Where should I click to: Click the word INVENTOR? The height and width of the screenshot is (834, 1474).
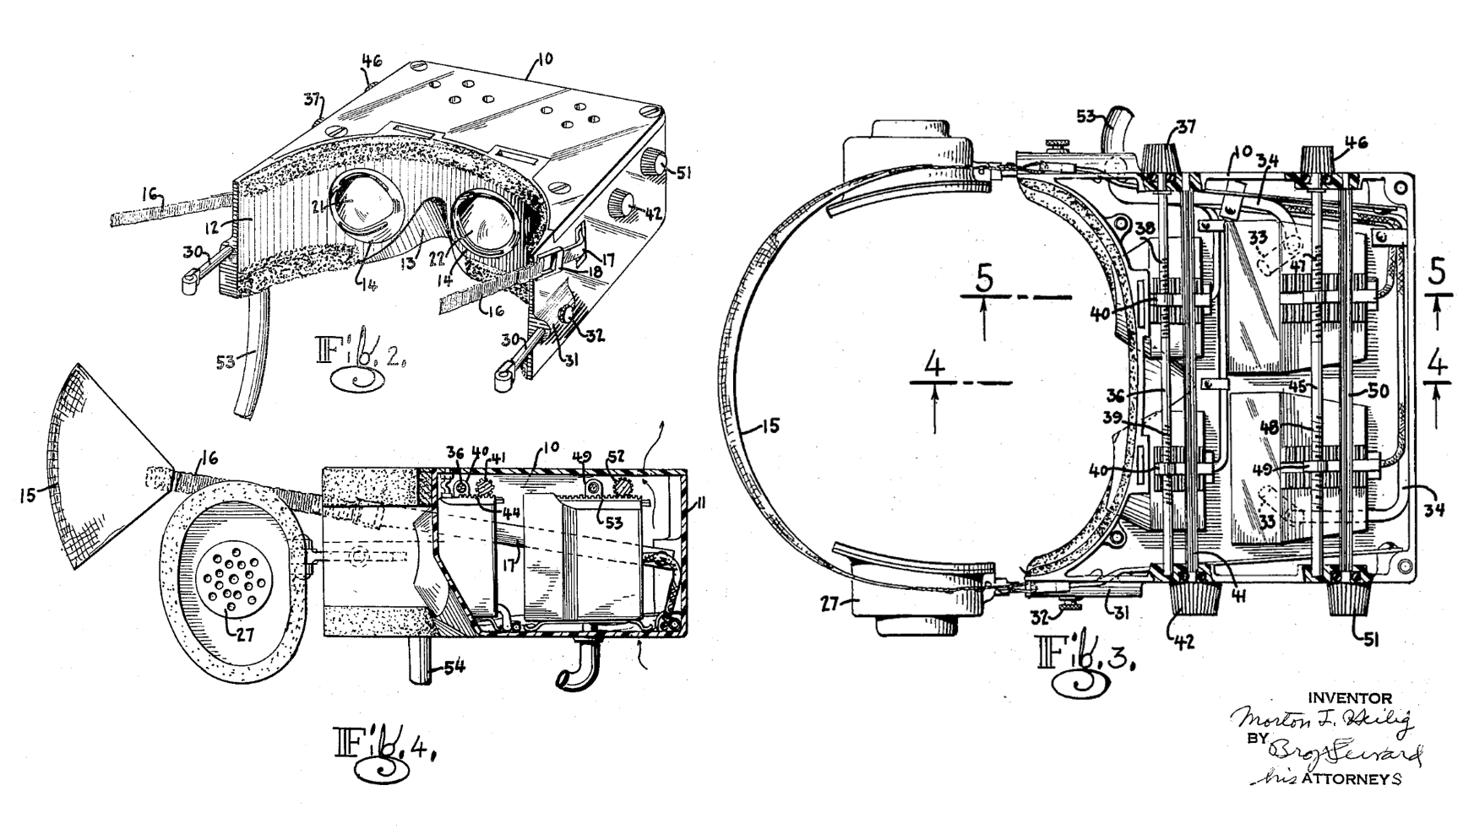1349,698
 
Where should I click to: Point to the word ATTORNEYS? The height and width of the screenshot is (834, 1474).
1351,779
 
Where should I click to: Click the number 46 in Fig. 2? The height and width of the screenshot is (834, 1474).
373,60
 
